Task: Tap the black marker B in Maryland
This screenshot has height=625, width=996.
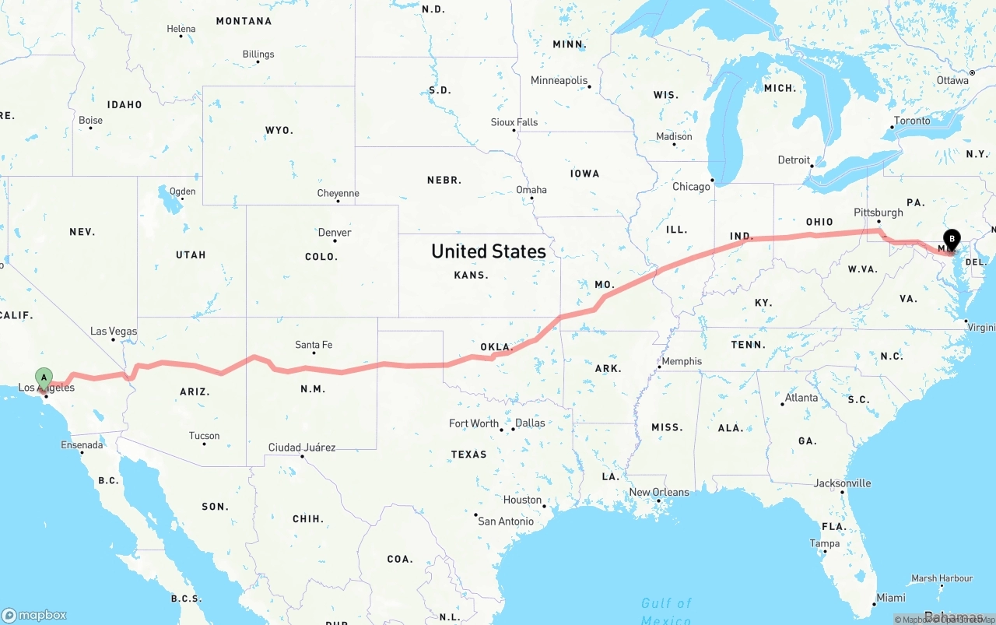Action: pos(951,240)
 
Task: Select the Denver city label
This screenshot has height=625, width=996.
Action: pos(335,233)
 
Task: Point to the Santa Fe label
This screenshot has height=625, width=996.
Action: pos(314,345)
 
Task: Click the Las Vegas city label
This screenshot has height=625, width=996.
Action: pos(114,331)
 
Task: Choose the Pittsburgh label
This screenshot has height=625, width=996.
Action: pos(879,212)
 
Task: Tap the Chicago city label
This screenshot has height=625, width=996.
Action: pos(691,187)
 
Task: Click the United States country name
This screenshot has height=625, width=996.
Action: pos(489,251)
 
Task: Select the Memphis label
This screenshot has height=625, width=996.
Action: pos(682,361)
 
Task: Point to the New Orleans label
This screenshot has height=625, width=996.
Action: pos(659,492)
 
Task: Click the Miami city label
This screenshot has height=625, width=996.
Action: pos(890,598)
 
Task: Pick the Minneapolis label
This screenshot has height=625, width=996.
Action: pos(559,80)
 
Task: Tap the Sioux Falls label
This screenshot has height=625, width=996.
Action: pos(514,122)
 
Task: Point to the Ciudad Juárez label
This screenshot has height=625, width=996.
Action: pos(302,448)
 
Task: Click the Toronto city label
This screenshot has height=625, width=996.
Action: pos(912,121)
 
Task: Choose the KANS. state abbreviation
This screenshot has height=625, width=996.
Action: pos(472,275)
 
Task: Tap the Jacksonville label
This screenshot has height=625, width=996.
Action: pos(843,483)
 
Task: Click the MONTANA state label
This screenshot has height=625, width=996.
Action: pos(244,21)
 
